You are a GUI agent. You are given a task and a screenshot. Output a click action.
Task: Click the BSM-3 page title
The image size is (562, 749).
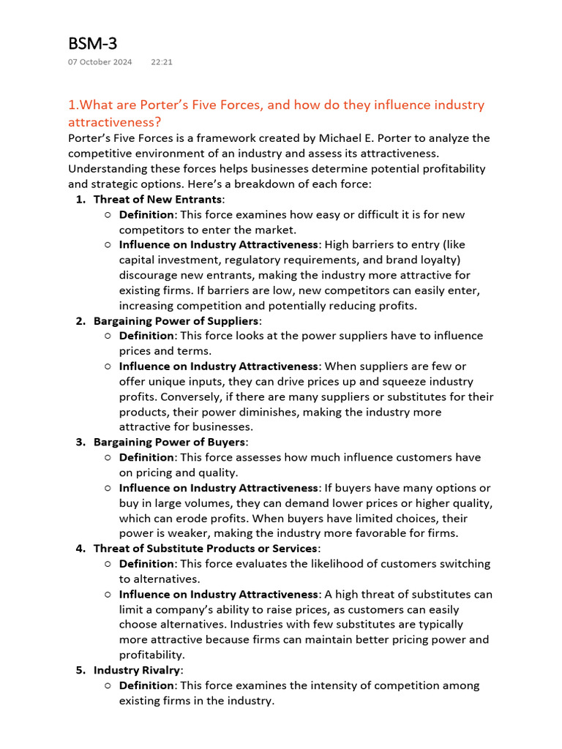tap(92, 43)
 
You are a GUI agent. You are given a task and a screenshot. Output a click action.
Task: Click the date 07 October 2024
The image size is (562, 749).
tap(100, 62)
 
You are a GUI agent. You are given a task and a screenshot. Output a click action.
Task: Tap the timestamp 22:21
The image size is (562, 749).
tap(162, 62)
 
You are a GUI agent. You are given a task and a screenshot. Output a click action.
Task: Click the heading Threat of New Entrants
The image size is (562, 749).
tap(157, 199)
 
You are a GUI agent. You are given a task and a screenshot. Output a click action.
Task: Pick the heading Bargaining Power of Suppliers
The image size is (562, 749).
tap(176, 320)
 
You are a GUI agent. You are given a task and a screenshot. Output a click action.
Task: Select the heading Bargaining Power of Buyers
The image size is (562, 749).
tap(170, 442)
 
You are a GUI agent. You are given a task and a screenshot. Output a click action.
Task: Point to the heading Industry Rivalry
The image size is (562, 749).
tap(137, 670)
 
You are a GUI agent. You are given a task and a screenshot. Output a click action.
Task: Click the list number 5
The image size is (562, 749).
tap(80, 670)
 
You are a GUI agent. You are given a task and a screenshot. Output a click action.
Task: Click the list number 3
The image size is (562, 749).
tap(80, 442)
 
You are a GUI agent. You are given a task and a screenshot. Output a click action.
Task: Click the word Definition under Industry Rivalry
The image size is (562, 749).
tap(147, 685)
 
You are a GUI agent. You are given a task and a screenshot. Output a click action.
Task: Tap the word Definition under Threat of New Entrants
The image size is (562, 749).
tap(147, 214)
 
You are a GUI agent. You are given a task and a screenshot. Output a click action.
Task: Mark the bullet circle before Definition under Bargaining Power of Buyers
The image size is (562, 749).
tap(108, 457)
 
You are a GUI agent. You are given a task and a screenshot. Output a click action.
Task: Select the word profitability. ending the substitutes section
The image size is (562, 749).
tap(151, 655)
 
